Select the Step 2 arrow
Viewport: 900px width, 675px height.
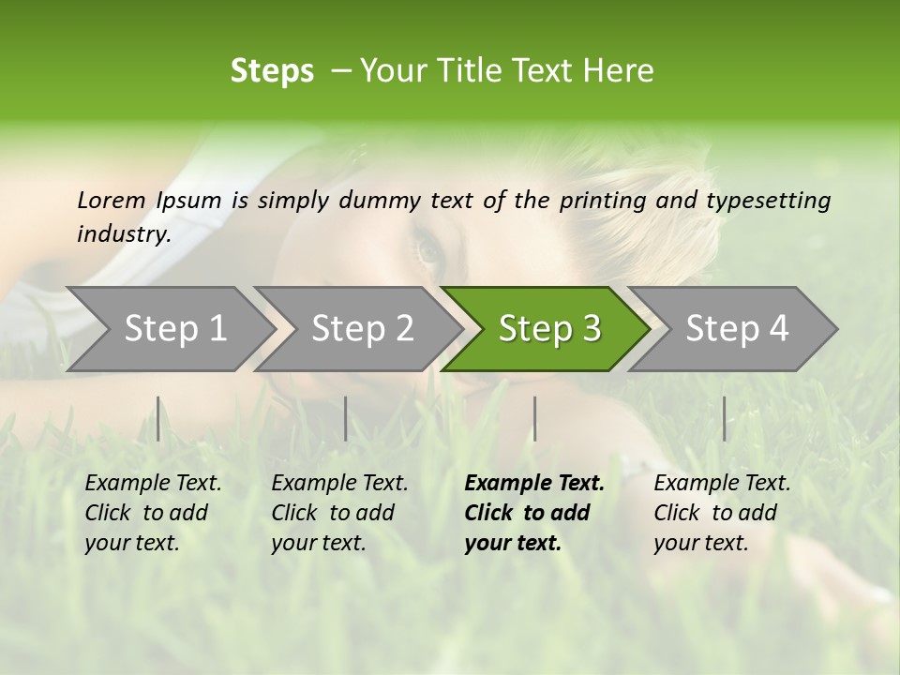(x=360, y=329)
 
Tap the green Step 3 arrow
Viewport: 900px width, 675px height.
(x=547, y=329)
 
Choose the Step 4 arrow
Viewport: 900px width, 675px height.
(x=735, y=329)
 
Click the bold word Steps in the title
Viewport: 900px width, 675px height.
(x=272, y=70)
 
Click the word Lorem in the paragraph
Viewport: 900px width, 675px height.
(x=111, y=200)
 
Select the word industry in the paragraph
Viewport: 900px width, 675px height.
(x=123, y=233)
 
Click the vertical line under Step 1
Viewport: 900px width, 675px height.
(x=158, y=418)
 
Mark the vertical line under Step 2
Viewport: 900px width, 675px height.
(x=346, y=418)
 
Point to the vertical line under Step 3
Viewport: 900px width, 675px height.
(x=534, y=418)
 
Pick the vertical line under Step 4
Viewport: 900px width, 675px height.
(x=724, y=418)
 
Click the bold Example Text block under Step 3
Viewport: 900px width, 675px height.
(x=533, y=513)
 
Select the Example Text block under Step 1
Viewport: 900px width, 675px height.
(x=153, y=513)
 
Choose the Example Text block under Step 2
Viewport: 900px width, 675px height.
(x=339, y=513)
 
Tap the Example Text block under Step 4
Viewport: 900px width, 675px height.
(x=722, y=513)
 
